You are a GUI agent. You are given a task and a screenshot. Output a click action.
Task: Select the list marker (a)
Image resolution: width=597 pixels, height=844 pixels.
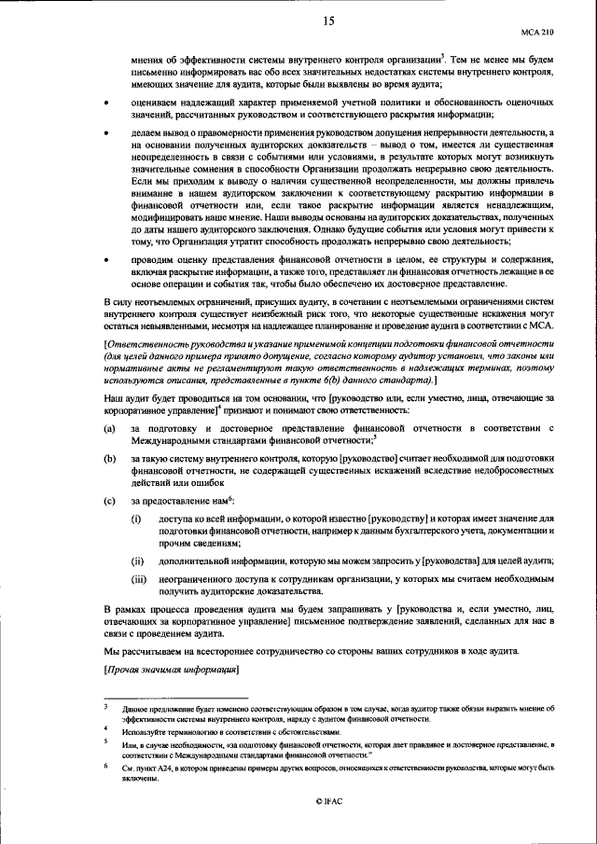pos(109,428)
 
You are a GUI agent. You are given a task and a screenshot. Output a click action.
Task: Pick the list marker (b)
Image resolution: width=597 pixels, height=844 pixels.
pos(109,459)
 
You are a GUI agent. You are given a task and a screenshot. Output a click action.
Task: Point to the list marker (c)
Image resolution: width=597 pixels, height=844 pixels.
pos(109,501)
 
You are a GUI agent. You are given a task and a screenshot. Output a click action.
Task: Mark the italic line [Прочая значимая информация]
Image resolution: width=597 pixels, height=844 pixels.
pos(172,671)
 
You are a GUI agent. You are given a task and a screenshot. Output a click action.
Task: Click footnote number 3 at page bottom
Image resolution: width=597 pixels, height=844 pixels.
pos(106,708)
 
